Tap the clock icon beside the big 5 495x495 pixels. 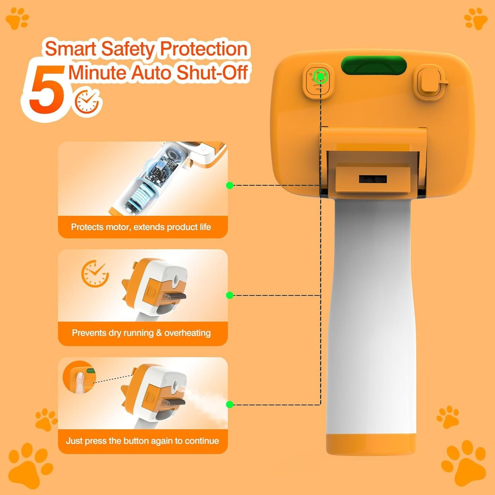(87, 102)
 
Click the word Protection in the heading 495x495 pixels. (204, 49)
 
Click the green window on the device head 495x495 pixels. (374, 66)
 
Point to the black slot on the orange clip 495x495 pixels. (373, 179)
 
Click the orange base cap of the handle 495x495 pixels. (371, 444)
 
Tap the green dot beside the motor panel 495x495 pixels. (230, 185)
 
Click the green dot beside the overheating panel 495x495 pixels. (230, 295)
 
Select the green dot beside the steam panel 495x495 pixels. (230, 405)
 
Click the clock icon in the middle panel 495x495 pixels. (95, 274)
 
